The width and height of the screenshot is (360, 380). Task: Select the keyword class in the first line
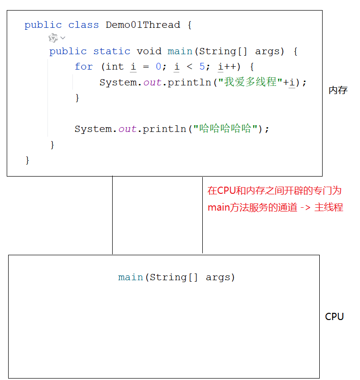[83, 25]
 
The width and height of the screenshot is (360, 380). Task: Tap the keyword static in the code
[112, 51]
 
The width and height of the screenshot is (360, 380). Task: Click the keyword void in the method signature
[149, 51]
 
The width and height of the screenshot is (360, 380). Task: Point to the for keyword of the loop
[83, 67]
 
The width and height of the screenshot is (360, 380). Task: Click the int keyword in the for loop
[115, 67]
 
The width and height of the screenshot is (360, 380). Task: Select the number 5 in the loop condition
[202, 67]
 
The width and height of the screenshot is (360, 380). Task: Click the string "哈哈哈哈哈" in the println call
[225, 129]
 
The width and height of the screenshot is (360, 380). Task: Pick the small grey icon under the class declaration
[53, 38]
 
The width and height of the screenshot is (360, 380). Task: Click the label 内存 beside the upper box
[338, 90]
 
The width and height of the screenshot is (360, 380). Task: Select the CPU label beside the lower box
[335, 317]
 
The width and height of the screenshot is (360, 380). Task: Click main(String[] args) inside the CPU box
[177, 277]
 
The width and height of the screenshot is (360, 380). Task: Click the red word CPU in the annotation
[227, 190]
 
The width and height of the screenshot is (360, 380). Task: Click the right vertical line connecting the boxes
[202, 226]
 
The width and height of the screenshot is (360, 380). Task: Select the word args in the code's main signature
[270, 51]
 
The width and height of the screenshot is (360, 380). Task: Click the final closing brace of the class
[27, 160]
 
